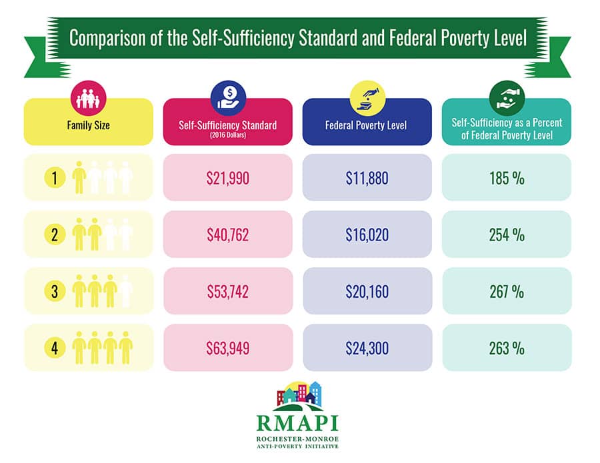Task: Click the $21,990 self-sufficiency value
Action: coord(227,178)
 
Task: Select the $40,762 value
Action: coord(227,234)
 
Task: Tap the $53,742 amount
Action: coord(227,291)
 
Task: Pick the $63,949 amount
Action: coord(227,348)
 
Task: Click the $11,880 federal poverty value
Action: coord(367,178)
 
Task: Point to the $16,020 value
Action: coord(367,234)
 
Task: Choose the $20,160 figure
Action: coord(367,291)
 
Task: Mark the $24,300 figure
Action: coord(367,348)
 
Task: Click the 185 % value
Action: coord(506,178)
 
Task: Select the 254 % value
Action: coord(506,234)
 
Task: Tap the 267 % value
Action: coord(506,291)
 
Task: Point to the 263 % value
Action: coord(506,348)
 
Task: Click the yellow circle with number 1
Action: coord(55,177)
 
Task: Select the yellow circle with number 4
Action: coord(55,347)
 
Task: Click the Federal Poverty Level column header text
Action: coord(367,124)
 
